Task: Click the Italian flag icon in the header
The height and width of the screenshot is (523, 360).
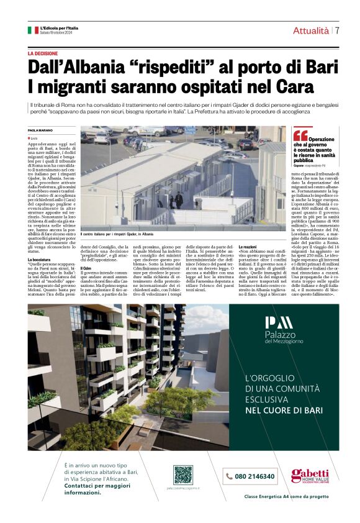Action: (x=33, y=30)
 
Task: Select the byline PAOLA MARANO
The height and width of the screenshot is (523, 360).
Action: (x=41, y=130)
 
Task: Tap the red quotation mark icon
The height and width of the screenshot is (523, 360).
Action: (x=300, y=135)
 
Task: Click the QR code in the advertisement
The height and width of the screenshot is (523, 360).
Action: (x=182, y=475)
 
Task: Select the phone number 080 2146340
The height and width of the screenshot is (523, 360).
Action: (x=255, y=476)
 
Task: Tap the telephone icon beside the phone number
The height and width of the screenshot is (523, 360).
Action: (x=230, y=476)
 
